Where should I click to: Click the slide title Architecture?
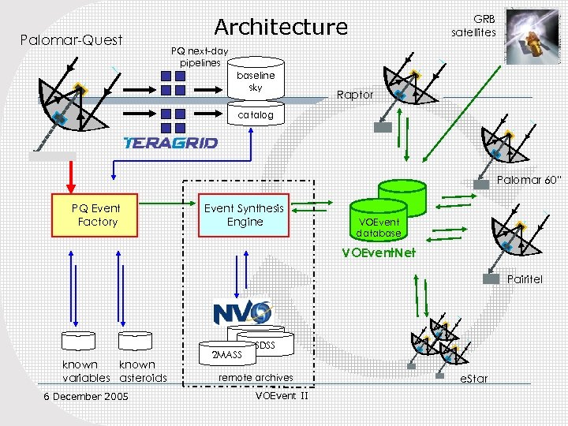click(x=281, y=27)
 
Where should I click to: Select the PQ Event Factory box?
click(x=97, y=215)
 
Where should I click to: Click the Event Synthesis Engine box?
click(x=245, y=215)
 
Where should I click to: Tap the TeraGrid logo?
click(x=170, y=143)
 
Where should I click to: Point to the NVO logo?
click(x=241, y=312)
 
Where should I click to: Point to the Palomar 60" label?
click(x=529, y=180)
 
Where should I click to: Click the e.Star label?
click(x=473, y=379)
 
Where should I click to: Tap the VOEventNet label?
click(x=375, y=253)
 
